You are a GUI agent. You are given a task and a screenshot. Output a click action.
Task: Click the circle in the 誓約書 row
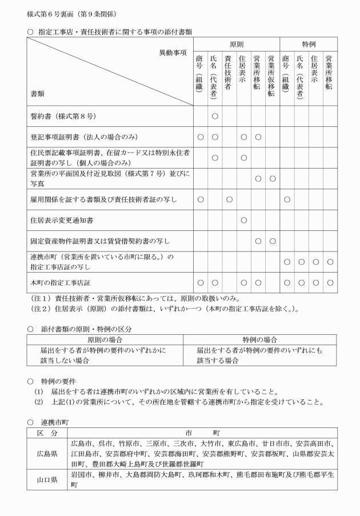[x=215, y=117]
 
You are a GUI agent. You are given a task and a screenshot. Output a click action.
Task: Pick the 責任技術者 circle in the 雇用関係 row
[x=229, y=199]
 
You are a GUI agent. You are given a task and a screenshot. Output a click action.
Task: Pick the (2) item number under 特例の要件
[x=38, y=402]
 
